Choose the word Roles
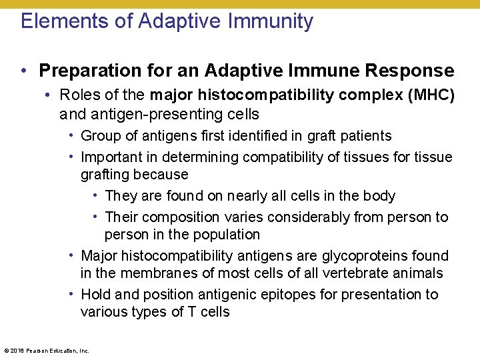coord(77,96)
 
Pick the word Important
coord(111,157)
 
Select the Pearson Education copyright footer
coord(47,350)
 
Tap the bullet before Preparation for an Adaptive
coord(23,71)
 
